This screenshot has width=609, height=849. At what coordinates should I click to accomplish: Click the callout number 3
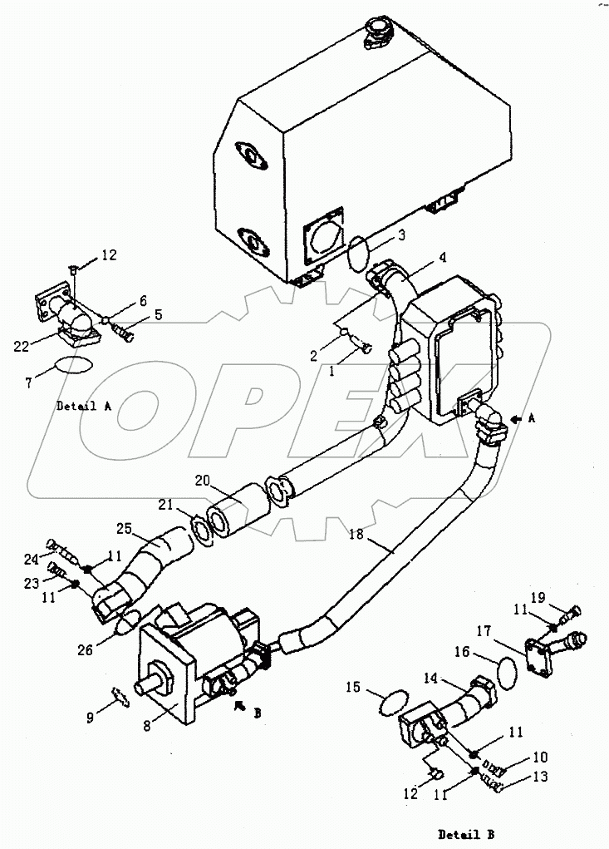pos(401,237)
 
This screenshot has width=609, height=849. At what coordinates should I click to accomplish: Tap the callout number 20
pos(203,481)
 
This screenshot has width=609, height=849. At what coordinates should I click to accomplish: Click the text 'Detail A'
pos(84,406)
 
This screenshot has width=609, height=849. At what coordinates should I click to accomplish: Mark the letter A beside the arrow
pos(533,421)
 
